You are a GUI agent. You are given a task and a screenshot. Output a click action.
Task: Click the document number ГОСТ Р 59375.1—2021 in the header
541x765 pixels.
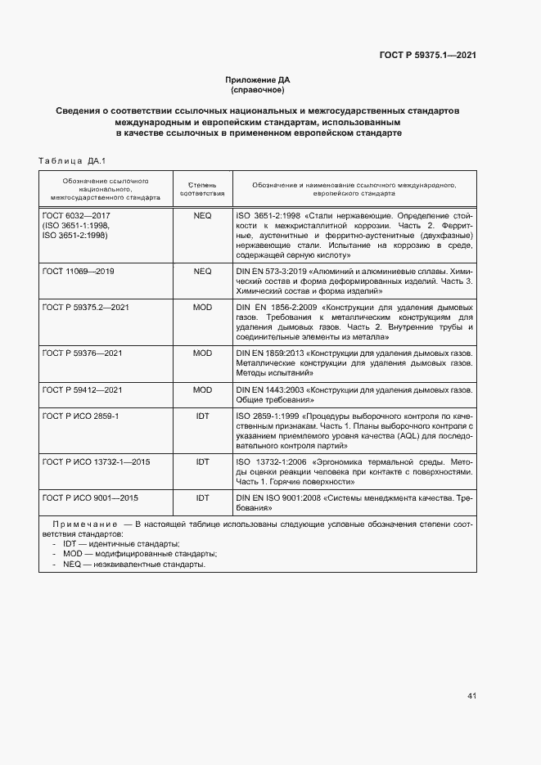pos(427,55)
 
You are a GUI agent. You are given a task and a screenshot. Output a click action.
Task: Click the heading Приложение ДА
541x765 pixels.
pos(258,79)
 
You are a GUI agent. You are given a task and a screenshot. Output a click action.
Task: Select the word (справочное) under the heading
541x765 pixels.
pos(258,89)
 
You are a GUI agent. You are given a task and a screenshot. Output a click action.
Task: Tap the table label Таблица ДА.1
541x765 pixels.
pos(73,160)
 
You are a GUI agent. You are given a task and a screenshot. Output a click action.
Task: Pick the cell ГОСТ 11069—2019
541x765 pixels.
pos(78,271)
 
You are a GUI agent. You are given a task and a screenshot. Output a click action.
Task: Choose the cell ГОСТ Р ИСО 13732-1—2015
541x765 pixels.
pos(90,462)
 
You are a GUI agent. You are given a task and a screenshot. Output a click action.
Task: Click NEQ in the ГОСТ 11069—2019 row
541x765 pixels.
pos(202,271)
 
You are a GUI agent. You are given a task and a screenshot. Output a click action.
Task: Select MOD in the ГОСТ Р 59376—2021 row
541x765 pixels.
pos(202,353)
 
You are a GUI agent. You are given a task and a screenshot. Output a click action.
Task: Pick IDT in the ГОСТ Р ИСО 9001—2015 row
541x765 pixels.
pos(202,497)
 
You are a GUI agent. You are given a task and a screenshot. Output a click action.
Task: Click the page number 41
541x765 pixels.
pos(471,695)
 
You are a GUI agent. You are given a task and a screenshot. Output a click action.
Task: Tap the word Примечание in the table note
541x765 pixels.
pos(86,522)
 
